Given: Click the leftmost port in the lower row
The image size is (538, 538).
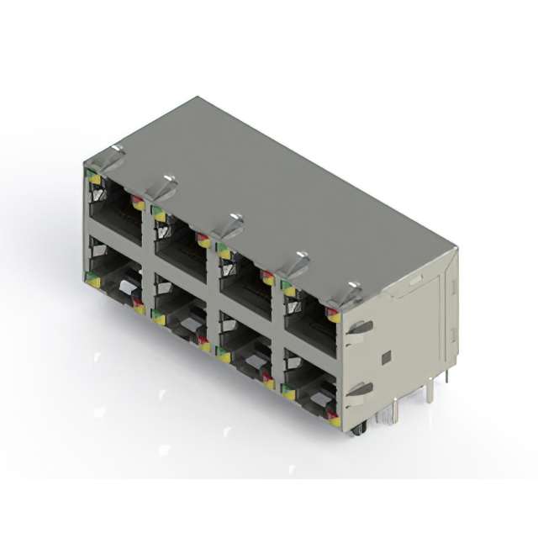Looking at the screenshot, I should pyautogui.click(x=116, y=282).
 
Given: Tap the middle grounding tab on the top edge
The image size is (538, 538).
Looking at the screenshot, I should pyautogui.click(x=229, y=222).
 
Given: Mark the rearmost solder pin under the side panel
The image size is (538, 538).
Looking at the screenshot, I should pyautogui.click(x=446, y=376).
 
